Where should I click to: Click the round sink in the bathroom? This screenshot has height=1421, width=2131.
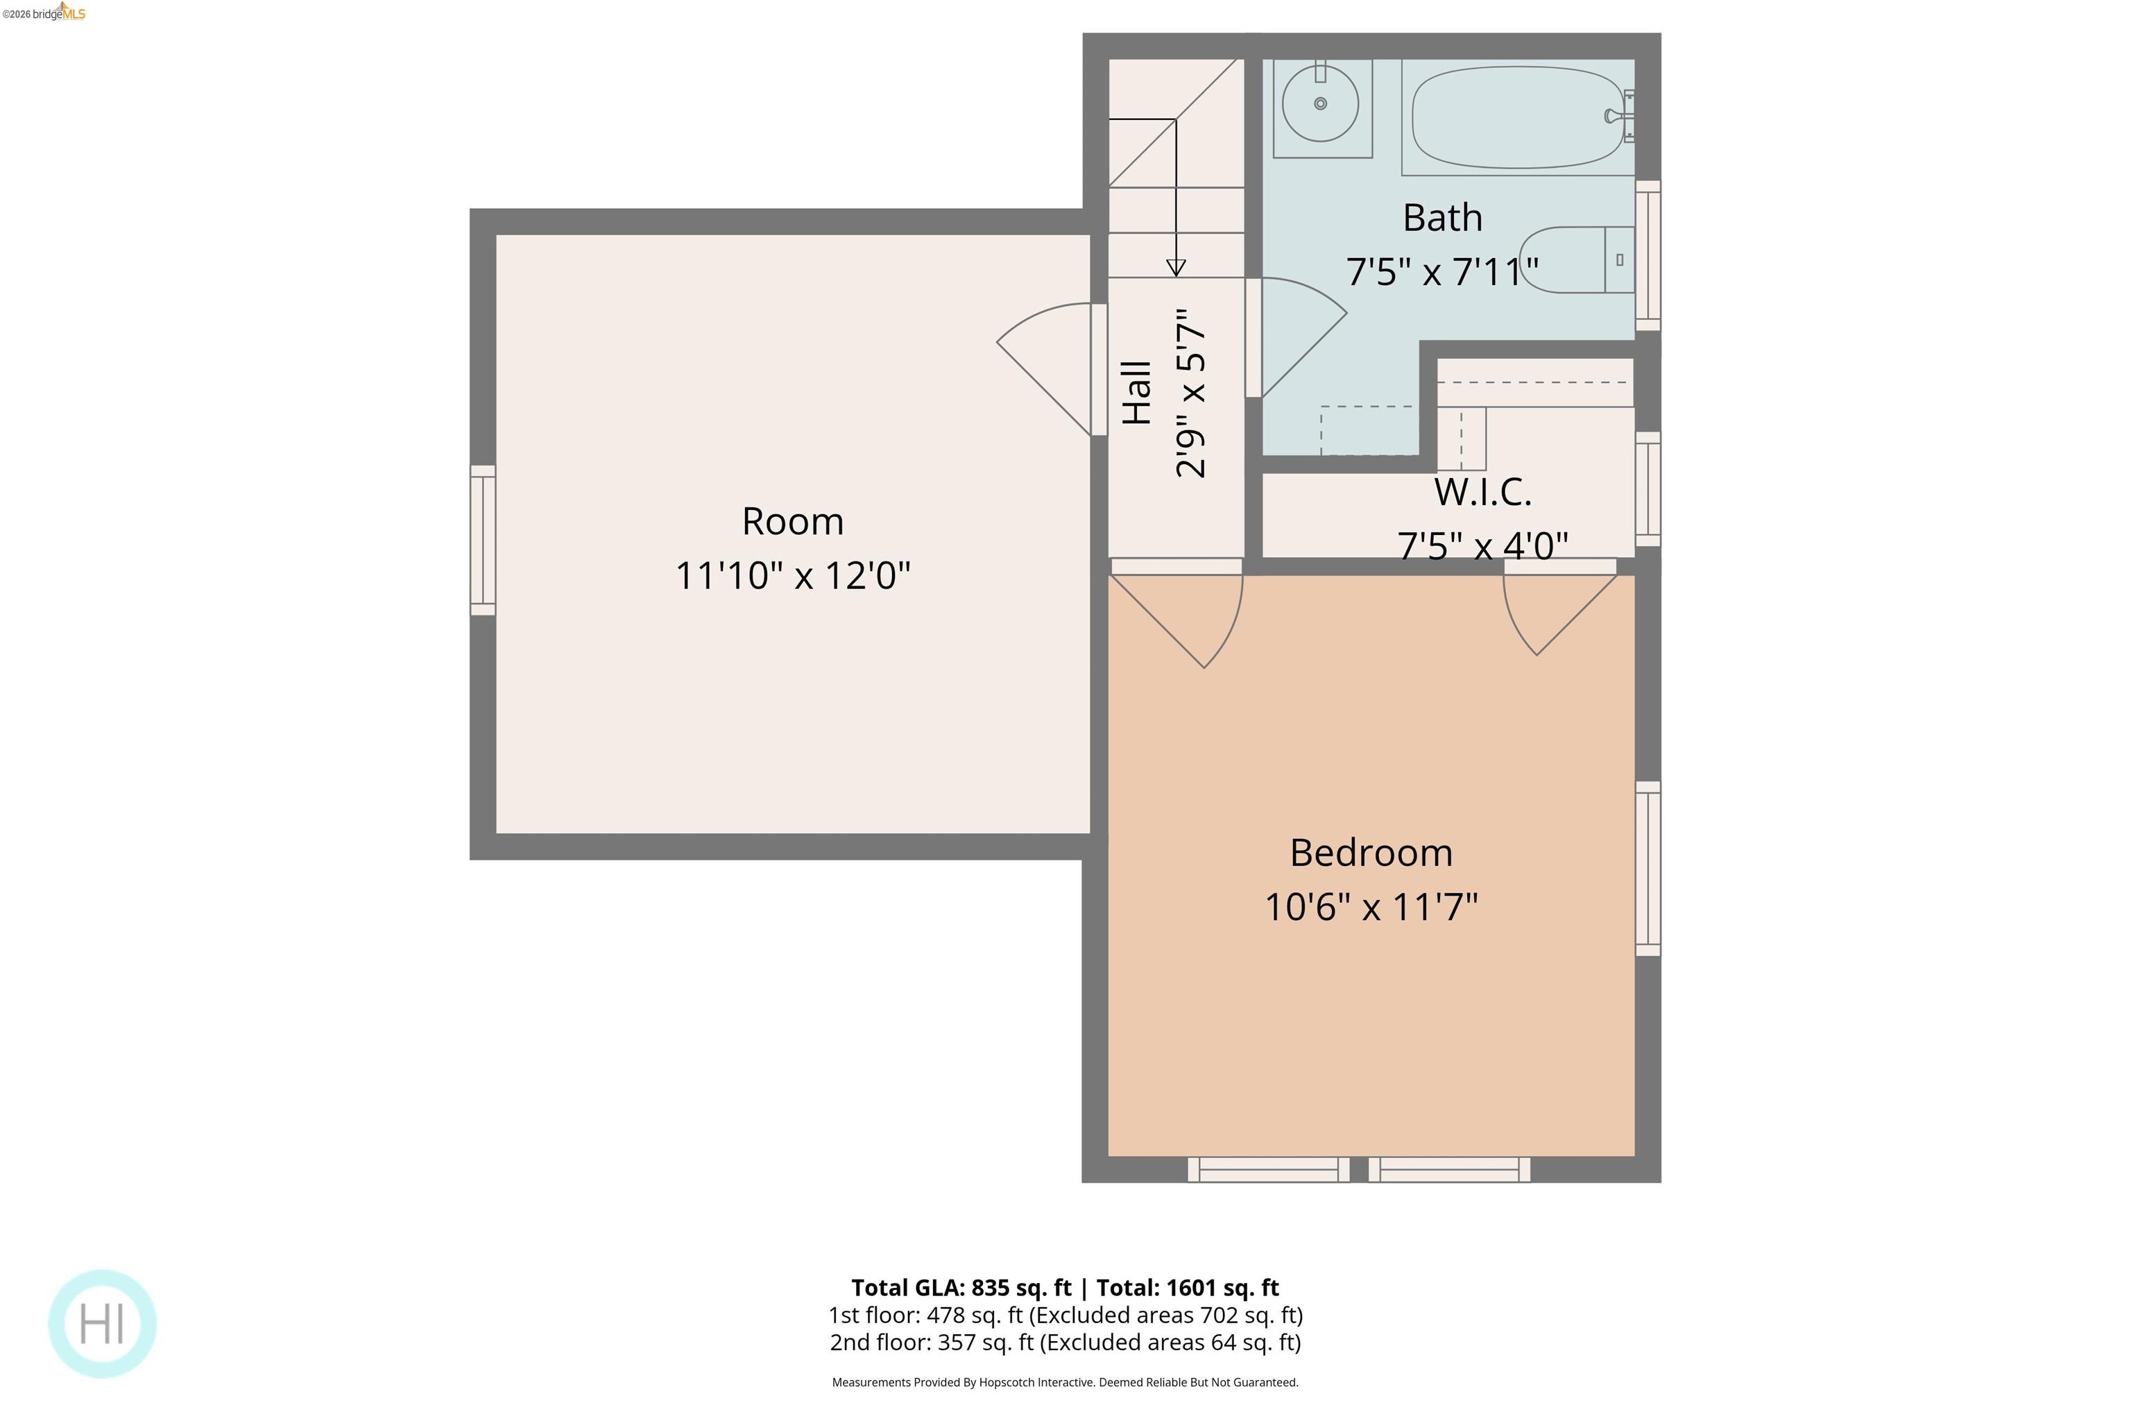pyautogui.click(x=1320, y=103)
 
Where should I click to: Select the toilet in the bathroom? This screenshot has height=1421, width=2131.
pyautogui.click(x=1577, y=260)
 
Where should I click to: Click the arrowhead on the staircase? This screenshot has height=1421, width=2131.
pyautogui.click(x=1176, y=267)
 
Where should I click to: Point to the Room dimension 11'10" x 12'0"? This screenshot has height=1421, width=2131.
pyautogui.click(x=793, y=575)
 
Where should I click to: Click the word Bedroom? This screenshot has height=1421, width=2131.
pyautogui.click(x=1371, y=853)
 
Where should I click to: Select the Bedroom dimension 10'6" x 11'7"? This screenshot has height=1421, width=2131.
pyautogui.click(x=1371, y=907)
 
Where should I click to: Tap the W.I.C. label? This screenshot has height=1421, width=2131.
pyautogui.click(x=1482, y=492)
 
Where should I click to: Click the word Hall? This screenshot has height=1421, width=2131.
pyautogui.click(x=1137, y=393)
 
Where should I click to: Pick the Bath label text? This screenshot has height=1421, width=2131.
pyautogui.click(x=1442, y=217)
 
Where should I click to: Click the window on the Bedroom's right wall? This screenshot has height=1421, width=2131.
pyautogui.click(x=1648, y=868)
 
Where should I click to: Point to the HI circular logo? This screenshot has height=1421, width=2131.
pyautogui.click(x=103, y=1323)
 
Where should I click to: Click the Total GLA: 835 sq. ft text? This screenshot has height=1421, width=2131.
pyautogui.click(x=960, y=1288)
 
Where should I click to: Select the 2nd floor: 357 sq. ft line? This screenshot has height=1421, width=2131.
pyautogui.click(x=1065, y=1342)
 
